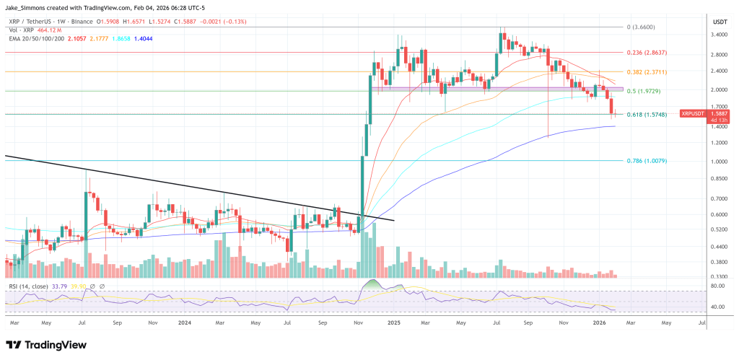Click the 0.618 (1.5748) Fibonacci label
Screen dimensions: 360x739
(x=647, y=115)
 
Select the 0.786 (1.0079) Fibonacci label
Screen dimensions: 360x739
(x=647, y=161)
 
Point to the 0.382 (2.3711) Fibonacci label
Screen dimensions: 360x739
(x=647, y=72)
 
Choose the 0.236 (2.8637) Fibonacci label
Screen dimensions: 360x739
(x=647, y=53)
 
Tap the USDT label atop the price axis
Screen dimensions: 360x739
(x=719, y=21)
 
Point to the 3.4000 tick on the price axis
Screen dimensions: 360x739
(x=719, y=34)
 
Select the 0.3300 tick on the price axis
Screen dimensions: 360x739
(x=719, y=277)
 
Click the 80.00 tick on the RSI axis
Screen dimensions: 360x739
(x=719, y=286)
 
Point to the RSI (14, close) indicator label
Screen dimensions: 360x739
(x=28, y=287)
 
